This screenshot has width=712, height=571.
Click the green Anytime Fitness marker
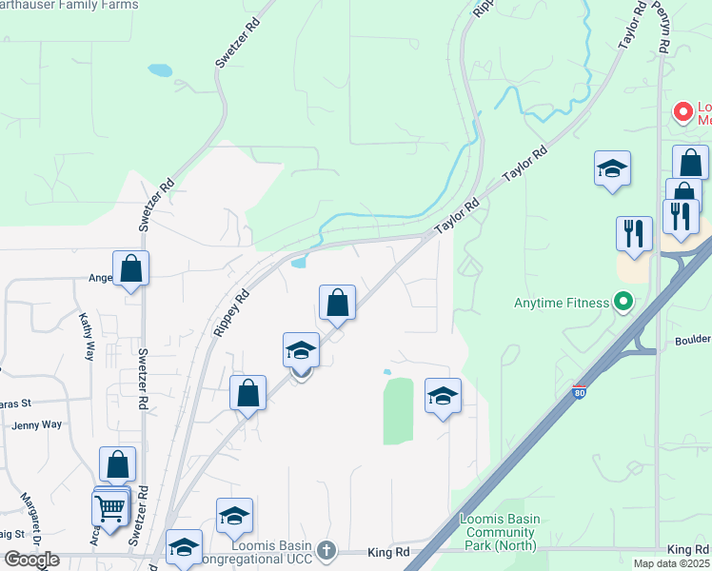(623, 304)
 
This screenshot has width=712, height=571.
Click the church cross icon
(326, 550)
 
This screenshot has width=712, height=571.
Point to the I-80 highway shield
(580, 391)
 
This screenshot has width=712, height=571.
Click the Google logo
(31, 560)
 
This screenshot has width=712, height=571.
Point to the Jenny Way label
(37, 425)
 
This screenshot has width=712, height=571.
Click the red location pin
(682, 112)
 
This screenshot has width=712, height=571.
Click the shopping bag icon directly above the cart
(117, 464)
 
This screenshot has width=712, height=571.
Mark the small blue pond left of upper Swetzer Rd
(160, 69)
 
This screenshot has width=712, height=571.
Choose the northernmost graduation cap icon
(612, 169)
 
